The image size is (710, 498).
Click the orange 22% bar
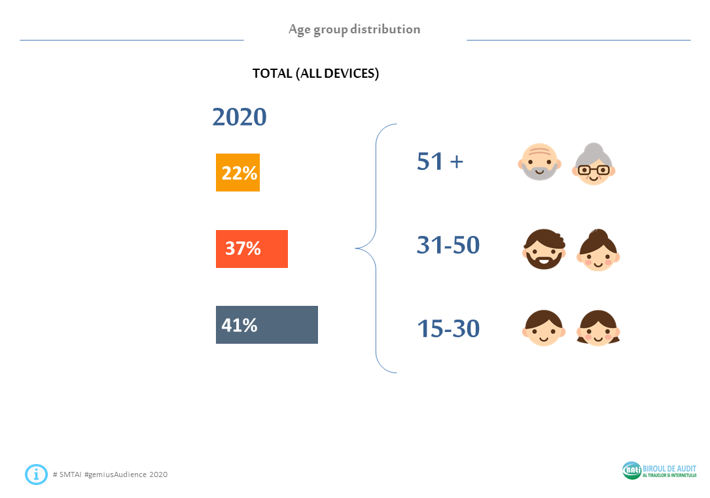(x=238, y=173)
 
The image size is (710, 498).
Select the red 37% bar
(x=252, y=249)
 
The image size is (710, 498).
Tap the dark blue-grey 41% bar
(x=267, y=325)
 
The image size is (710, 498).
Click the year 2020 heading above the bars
(x=240, y=117)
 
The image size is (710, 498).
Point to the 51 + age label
(x=440, y=161)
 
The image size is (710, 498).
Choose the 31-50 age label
(x=448, y=245)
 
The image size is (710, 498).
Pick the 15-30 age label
(x=448, y=329)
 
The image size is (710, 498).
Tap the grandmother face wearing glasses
(x=594, y=164)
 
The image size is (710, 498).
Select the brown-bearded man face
(x=544, y=250)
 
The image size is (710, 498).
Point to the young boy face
(x=544, y=328)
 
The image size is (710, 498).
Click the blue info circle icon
(x=36, y=474)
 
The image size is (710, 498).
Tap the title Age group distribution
(x=355, y=29)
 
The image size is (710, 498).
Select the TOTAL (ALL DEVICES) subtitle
(x=316, y=73)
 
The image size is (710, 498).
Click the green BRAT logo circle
(x=631, y=470)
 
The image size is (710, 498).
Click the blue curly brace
(x=376, y=248)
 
